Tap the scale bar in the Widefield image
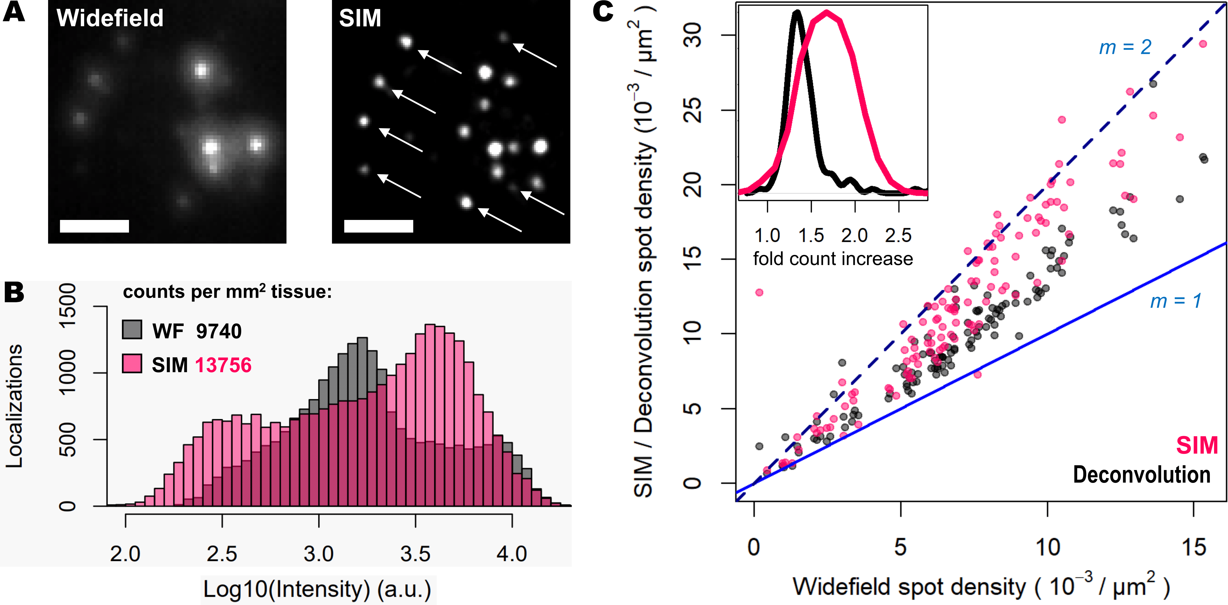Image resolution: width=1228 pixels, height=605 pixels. (94, 226)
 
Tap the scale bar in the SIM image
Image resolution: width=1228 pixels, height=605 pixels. (378, 226)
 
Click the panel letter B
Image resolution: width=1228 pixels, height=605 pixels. (14, 292)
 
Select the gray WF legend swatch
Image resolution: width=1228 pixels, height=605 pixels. (132, 330)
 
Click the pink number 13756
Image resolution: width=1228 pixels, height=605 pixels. (223, 365)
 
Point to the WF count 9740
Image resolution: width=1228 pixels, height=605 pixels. (219, 331)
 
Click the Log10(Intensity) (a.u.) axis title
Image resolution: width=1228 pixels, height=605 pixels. (318, 589)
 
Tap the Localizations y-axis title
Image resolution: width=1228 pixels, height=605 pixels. (14, 406)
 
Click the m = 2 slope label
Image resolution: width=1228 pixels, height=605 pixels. (1125, 47)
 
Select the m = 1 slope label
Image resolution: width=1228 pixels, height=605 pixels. (1176, 301)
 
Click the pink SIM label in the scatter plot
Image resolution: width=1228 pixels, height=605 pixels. (1197, 445)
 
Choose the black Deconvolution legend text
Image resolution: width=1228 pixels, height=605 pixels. (1142, 475)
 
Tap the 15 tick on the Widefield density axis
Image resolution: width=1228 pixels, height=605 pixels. (1194, 547)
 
